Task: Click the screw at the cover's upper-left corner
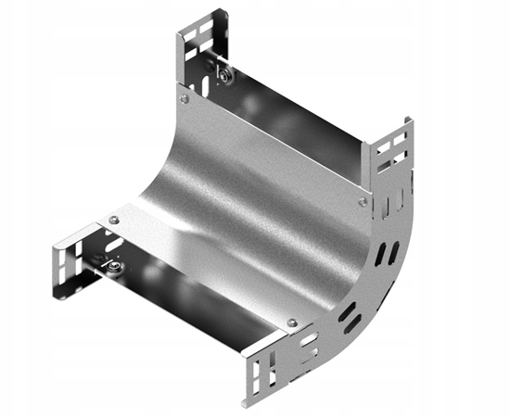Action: click(184, 99)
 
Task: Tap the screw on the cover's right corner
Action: click(363, 200)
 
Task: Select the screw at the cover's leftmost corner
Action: click(114, 220)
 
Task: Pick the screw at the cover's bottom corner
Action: click(292, 322)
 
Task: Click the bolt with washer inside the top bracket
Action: click(223, 73)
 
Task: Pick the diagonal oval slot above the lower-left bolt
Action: click(111, 245)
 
